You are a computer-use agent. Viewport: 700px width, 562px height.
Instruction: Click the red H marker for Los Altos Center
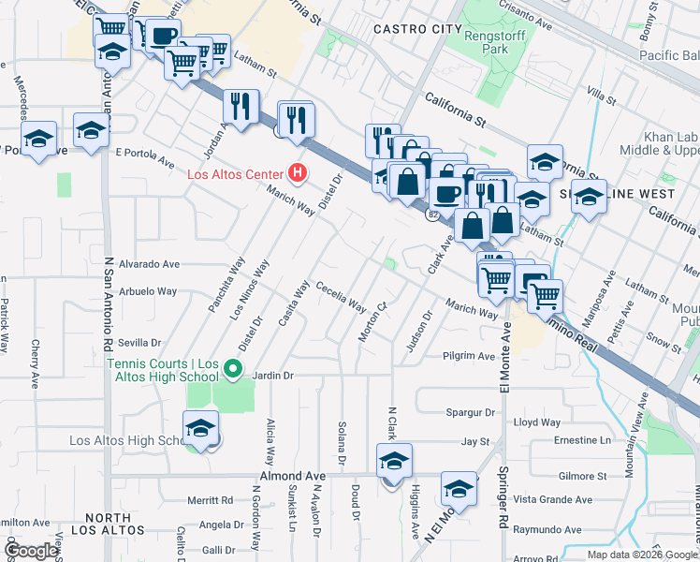click(x=298, y=173)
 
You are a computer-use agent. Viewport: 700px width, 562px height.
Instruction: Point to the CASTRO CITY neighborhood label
click(x=416, y=30)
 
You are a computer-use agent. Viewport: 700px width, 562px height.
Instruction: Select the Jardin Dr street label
click(x=275, y=375)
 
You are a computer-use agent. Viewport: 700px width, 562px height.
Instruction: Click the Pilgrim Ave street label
click(x=470, y=357)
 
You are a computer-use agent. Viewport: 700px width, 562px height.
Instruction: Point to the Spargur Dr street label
click(x=470, y=412)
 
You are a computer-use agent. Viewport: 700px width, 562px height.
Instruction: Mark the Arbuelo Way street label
click(x=148, y=291)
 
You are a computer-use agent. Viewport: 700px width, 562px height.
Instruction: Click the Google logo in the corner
click(x=31, y=551)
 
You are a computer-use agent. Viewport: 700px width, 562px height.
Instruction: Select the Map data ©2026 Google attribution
click(x=642, y=555)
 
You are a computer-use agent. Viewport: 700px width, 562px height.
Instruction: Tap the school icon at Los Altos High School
click(x=200, y=429)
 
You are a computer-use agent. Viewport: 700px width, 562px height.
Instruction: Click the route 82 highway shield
click(x=432, y=215)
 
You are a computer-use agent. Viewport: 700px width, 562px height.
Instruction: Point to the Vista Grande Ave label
click(x=556, y=502)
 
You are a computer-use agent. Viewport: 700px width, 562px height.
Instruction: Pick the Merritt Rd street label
click(x=210, y=501)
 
